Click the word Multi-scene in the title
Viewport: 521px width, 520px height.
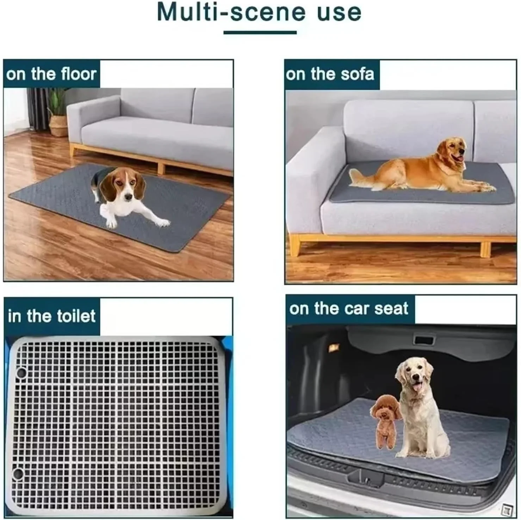tap(231, 12)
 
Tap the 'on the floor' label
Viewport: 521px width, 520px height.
tap(51, 74)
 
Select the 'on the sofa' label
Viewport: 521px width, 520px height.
tap(330, 74)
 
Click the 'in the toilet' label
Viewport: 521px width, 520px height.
tap(51, 316)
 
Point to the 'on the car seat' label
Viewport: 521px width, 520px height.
tap(349, 309)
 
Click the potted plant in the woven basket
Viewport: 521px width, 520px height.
tap(57, 113)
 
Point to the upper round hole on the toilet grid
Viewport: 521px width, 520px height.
tap(20, 372)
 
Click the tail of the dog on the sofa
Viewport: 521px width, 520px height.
tap(361, 176)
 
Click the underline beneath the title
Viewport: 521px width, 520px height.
tap(260, 32)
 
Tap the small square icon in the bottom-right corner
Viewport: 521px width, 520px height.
tap(507, 510)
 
